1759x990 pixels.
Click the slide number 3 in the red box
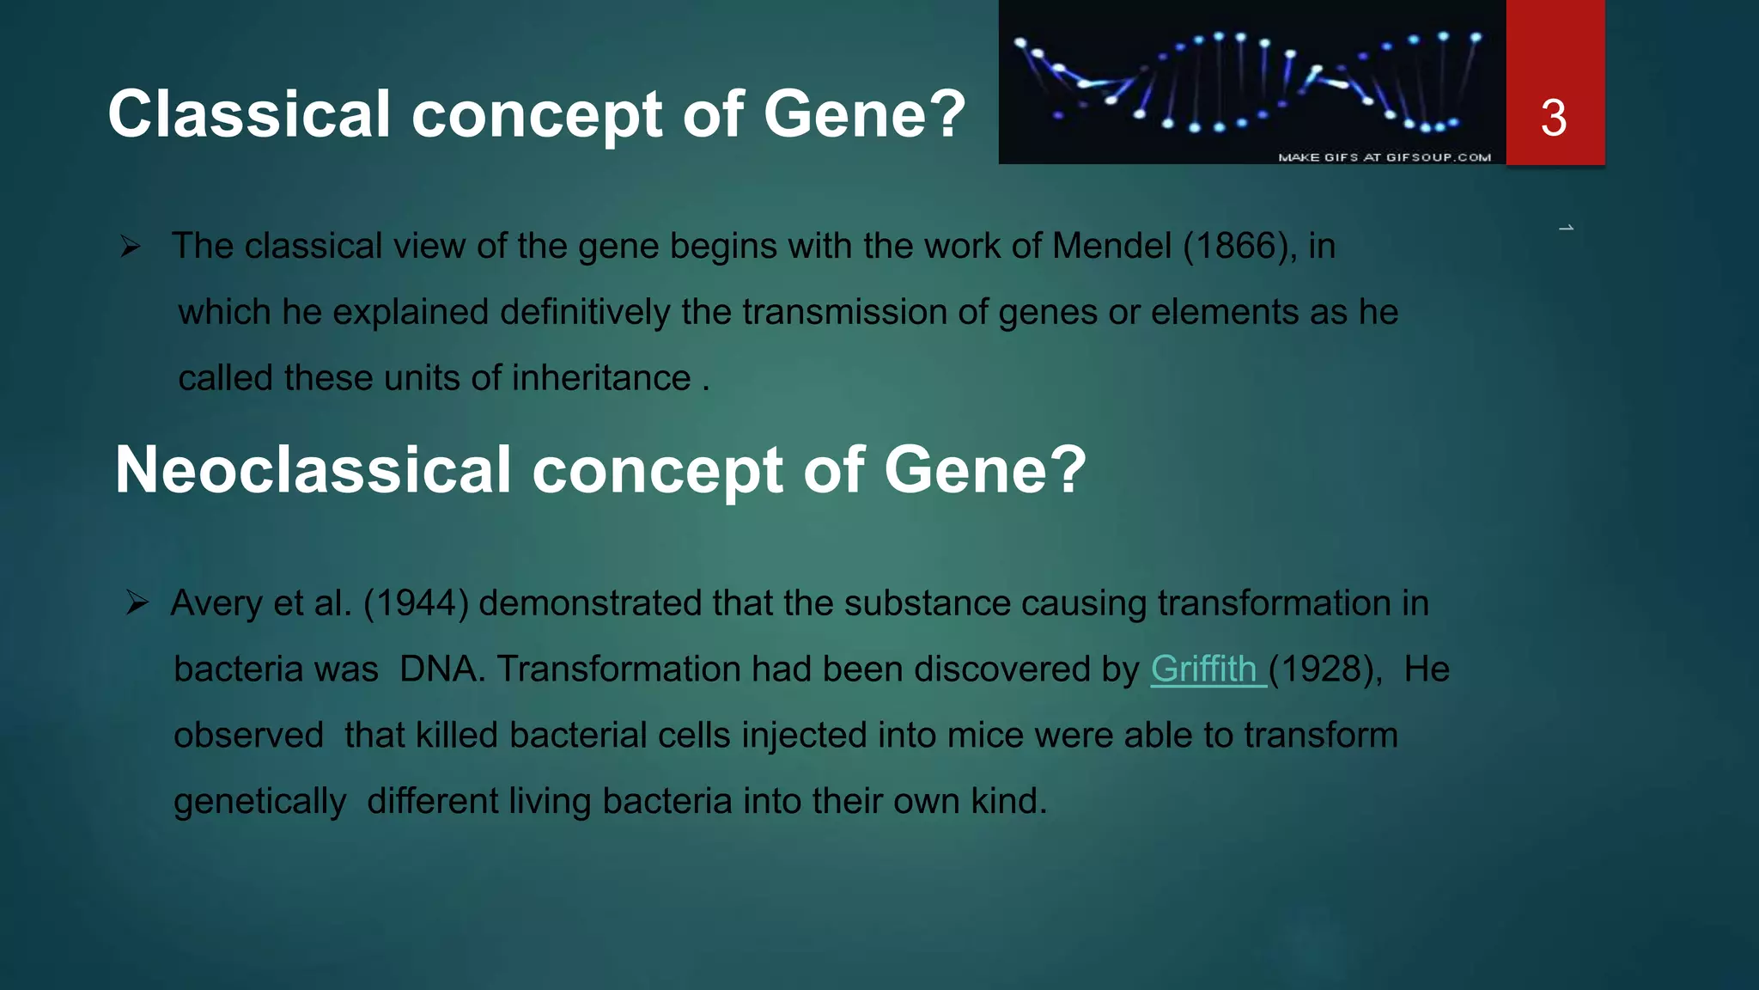[x=1554, y=118]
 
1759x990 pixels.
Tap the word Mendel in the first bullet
[x=1111, y=247]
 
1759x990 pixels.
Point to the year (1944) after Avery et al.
[x=416, y=603]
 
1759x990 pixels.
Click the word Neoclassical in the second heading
[x=313, y=470]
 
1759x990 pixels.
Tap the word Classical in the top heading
[x=249, y=114]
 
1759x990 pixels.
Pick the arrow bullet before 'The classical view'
[x=131, y=247]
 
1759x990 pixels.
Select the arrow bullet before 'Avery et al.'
[x=137, y=602]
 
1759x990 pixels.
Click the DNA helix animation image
[x=1251, y=82]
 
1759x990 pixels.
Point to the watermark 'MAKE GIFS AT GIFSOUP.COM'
[x=1385, y=157]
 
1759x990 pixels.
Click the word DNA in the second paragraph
[x=438, y=669]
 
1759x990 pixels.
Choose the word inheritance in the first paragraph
[x=601, y=378]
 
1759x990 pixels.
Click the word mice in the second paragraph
[x=985, y=736]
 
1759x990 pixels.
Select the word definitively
[x=585, y=313]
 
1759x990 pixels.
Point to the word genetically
[x=260, y=802]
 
